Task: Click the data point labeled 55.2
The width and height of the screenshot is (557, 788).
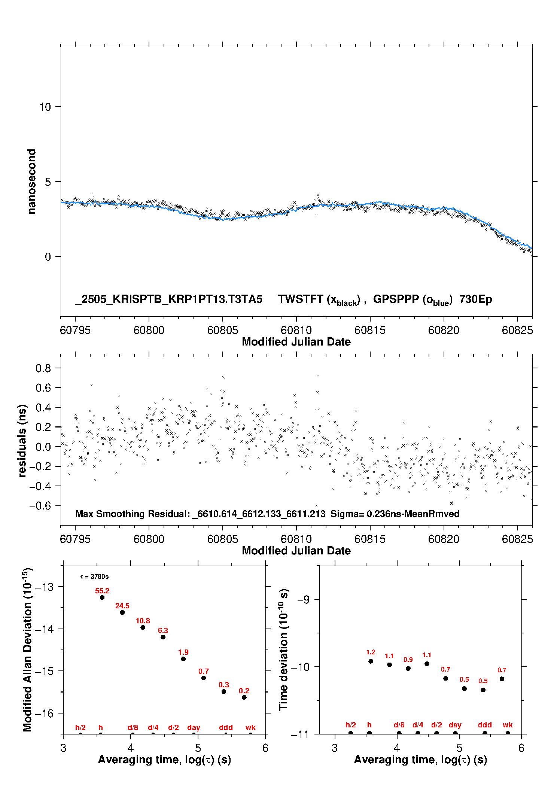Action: click(x=102, y=597)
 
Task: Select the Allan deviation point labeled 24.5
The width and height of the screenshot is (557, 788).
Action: click(x=122, y=612)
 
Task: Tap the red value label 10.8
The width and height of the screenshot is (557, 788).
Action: click(x=143, y=621)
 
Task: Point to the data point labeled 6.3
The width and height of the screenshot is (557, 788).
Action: click(x=163, y=637)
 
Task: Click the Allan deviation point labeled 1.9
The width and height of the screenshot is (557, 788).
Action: click(x=183, y=659)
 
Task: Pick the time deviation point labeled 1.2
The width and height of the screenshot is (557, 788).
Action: click(x=371, y=661)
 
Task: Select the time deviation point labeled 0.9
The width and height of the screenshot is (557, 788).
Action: click(x=408, y=668)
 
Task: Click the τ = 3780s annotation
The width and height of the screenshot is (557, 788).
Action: click(x=94, y=577)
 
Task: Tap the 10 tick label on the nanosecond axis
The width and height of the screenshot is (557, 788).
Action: click(x=45, y=107)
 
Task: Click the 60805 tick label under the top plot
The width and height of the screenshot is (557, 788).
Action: click(x=223, y=330)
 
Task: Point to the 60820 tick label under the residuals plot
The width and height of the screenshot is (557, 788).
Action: click(x=444, y=539)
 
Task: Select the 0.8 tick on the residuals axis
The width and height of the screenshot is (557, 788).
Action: click(x=43, y=368)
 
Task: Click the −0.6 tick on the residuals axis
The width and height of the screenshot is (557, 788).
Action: click(x=40, y=506)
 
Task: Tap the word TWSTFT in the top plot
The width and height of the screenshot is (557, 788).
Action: click(x=301, y=299)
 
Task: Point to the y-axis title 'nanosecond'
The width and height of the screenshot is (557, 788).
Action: click(x=32, y=182)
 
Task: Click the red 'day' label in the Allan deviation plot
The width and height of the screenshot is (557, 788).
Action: click(x=194, y=728)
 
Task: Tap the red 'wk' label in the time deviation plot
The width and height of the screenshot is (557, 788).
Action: click(x=508, y=725)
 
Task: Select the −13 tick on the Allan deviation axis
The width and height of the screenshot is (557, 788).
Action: click(x=44, y=587)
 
